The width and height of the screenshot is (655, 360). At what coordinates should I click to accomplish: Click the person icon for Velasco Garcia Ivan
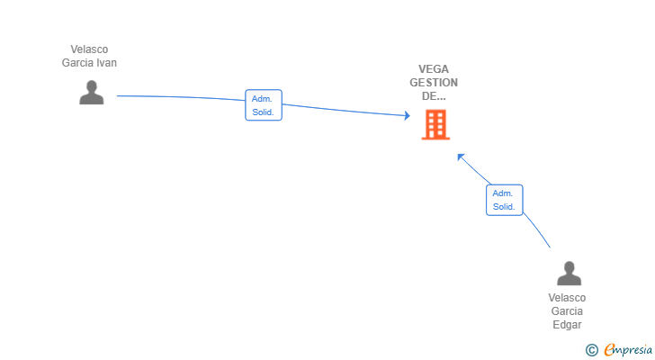pyautogui.click(x=91, y=93)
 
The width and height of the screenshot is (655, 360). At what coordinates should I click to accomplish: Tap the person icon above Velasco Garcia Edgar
pyautogui.click(x=569, y=274)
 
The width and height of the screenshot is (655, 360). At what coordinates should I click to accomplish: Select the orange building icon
pyautogui.click(x=435, y=125)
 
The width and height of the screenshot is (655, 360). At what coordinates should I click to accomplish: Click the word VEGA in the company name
pyautogui.click(x=434, y=69)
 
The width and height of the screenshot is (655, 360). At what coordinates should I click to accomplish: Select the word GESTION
pyautogui.click(x=434, y=83)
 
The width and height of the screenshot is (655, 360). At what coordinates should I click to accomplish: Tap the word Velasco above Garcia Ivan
pyautogui.click(x=89, y=49)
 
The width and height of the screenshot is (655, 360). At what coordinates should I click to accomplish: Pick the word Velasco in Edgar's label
pyautogui.click(x=567, y=298)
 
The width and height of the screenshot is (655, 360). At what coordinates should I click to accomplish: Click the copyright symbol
pyautogui.click(x=591, y=350)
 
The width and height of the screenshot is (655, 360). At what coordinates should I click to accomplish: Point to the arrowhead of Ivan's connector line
pyautogui.click(x=408, y=115)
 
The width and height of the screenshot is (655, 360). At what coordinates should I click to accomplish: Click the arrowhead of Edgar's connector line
pyautogui.click(x=460, y=157)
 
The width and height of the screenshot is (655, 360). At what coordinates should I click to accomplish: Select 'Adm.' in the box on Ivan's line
pyautogui.click(x=264, y=99)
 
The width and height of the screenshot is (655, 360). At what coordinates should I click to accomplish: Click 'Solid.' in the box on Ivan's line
pyautogui.click(x=264, y=112)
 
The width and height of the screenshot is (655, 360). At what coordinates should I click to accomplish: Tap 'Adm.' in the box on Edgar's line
pyautogui.click(x=504, y=193)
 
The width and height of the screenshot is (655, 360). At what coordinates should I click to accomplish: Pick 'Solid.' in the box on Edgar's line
pyautogui.click(x=504, y=207)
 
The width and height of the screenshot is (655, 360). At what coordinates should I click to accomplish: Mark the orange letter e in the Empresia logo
pyautogui.click(x=609, y=350)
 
